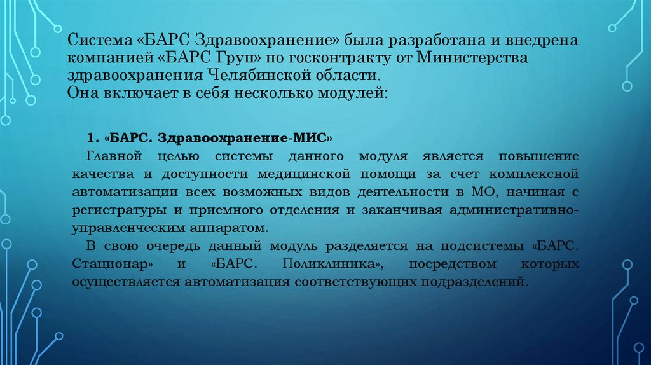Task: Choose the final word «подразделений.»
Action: pyautogui.click(x=481, y=280)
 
